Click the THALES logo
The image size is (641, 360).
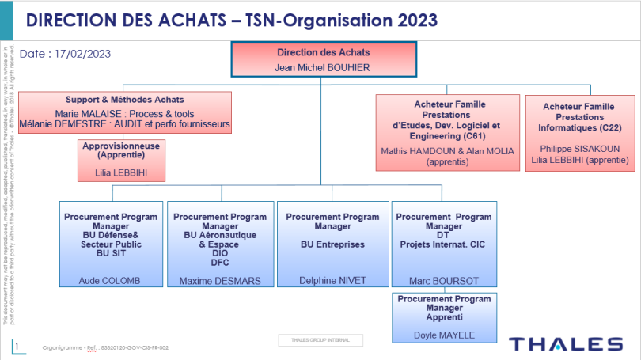pos(565,343)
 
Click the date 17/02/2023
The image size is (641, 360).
pos(82,54)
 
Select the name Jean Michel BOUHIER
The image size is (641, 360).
pos(322,67)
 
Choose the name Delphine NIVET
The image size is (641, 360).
pos(330,281)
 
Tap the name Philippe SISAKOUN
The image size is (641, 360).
pos(581,148)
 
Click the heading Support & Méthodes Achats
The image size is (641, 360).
pos(125,100)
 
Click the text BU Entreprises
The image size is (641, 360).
pos(332,245)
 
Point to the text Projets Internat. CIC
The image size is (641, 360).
pos(443,244)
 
